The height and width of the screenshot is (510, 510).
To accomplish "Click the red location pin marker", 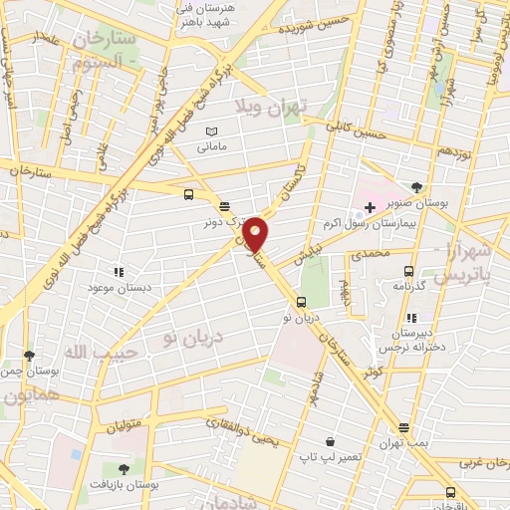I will tap(256, 235).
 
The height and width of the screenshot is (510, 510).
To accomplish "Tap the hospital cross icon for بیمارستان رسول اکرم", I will tap(370, 207).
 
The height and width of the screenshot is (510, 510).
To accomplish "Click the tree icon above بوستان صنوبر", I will tap(416, 186).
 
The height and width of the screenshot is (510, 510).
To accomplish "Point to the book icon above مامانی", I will tap(210, 131).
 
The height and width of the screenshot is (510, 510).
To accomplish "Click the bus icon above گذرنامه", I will tap(408, 270).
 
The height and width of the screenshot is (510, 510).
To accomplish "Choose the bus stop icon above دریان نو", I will tap(300, 302).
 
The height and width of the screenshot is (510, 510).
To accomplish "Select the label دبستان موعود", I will tap(119, 286).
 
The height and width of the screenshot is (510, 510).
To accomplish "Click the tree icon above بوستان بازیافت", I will tap(124, 468).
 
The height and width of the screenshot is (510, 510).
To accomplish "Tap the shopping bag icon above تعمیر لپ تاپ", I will tap(330, 441).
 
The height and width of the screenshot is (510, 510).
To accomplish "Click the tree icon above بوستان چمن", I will tap(30, 355).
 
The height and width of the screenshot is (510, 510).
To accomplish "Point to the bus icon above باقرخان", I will tap(450, 492).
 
